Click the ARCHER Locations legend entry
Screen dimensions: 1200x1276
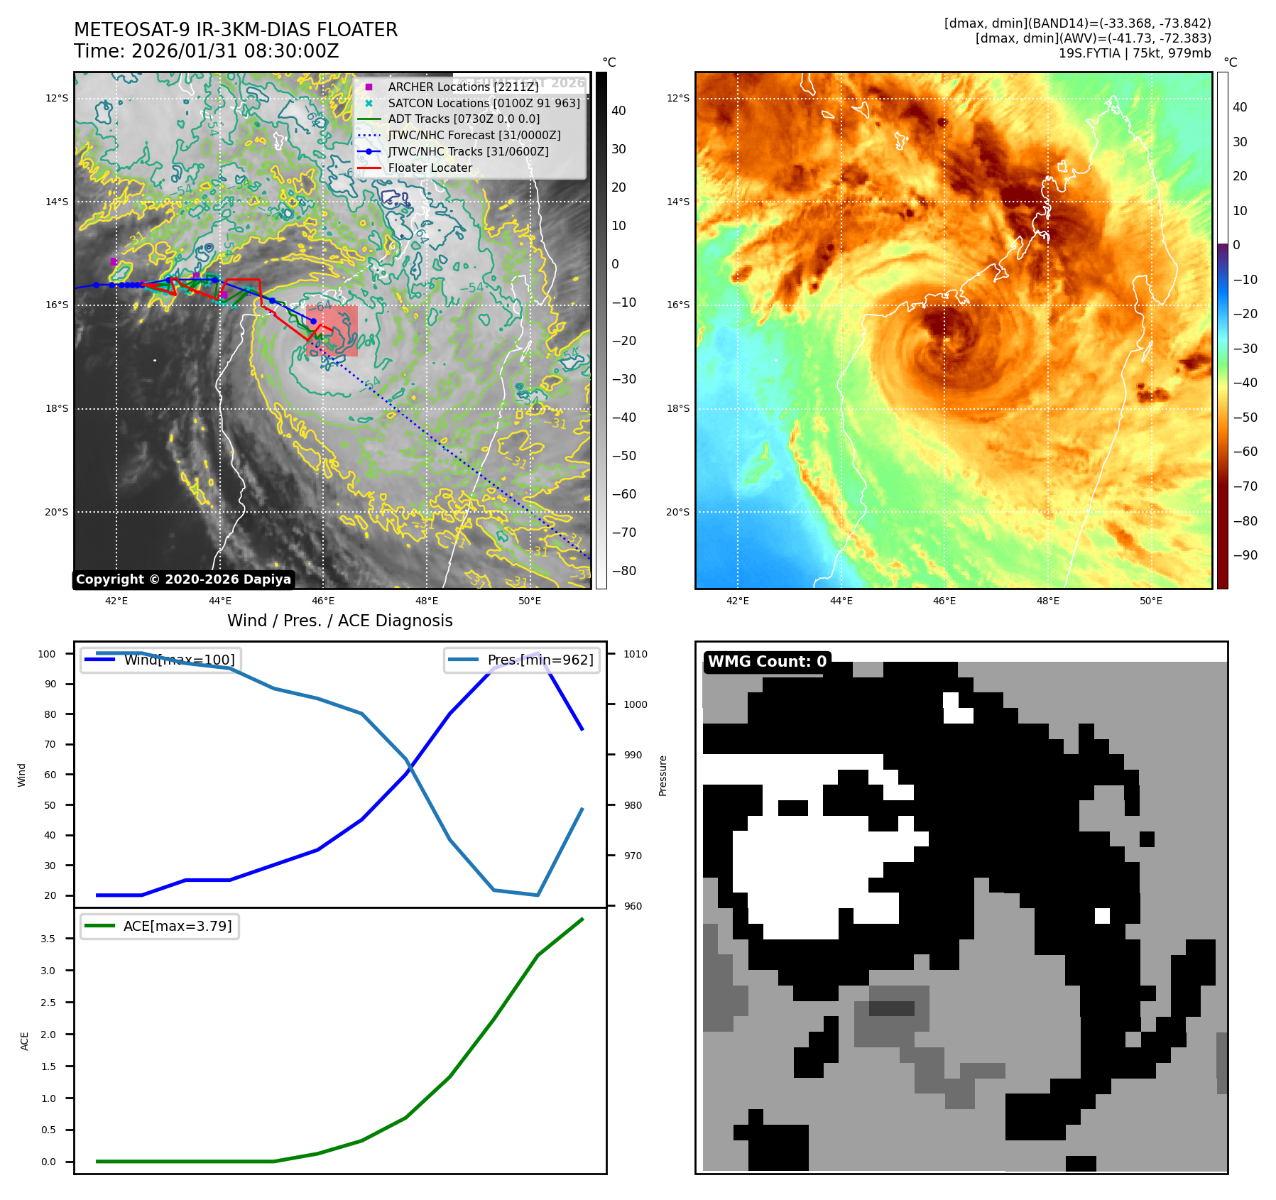pos(463,87)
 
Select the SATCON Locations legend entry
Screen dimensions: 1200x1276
pos(484,103)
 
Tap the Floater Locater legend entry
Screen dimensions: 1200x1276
pos(430,168)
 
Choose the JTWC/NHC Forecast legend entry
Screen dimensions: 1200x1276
pos(474,136)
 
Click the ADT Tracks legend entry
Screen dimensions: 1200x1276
pos(464,119)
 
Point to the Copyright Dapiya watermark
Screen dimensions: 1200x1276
pos(183,579)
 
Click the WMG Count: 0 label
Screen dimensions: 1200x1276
pos(767,662)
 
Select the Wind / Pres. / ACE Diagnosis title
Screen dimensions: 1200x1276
pos(339,621)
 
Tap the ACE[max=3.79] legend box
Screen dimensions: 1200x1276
pos(160,927)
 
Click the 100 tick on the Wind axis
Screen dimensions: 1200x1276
pos(47,654)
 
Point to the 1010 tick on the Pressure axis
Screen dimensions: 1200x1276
pos(636,654)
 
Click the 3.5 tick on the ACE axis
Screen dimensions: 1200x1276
pos(48,939)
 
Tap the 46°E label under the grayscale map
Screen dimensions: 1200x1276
pos(323,601)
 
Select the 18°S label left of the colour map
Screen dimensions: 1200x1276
pos(677,409)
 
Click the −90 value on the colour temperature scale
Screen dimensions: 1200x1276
pos(1245,555)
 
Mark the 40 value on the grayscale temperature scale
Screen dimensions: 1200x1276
pos(618,111)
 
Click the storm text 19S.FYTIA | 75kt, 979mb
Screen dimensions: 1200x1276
pos(1134,53)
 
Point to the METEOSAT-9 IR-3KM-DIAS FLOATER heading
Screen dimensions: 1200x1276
pos(236,30)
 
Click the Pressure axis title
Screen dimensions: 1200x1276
pos(662,775)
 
